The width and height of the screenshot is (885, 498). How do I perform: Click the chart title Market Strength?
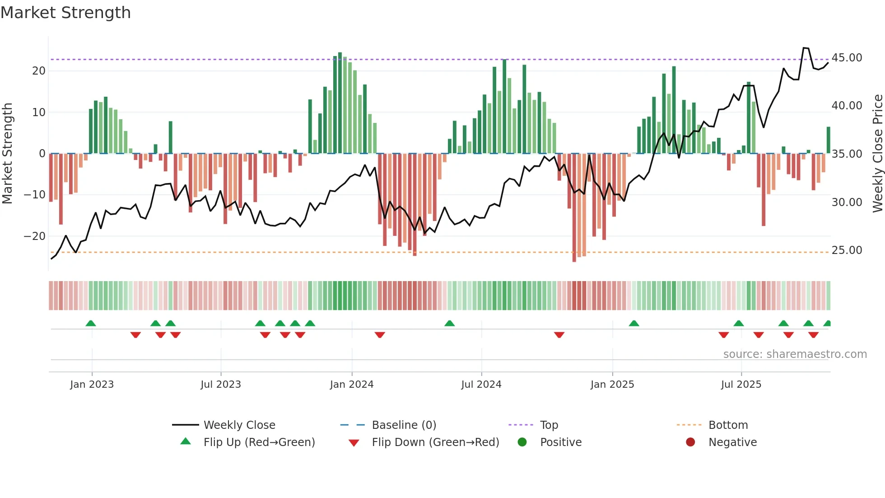point(65,13)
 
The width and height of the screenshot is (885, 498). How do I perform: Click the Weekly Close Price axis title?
point(877,153)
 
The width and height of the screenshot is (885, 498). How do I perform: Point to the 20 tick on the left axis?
point(39,71)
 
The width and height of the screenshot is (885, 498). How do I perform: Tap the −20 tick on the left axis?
point(35,236)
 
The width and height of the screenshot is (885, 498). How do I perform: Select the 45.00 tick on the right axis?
point(847,58)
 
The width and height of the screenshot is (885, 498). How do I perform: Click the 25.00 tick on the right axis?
point(847,250)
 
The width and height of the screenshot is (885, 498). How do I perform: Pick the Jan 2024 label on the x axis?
point(352,385)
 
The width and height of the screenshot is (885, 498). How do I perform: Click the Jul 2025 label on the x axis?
point(741,385)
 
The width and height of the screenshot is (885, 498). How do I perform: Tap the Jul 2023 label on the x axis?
point(221,385)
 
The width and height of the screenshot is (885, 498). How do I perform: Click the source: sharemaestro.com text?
point(795,354)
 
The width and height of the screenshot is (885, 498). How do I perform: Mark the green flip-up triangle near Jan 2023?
point(91,324)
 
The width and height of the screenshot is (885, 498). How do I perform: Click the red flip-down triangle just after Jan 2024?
point(380,335)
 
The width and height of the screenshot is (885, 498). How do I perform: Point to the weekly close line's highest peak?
point(806,48)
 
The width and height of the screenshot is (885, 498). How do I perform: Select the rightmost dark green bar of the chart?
point(829,140)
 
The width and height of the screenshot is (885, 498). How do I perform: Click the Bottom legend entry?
point(728,425)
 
